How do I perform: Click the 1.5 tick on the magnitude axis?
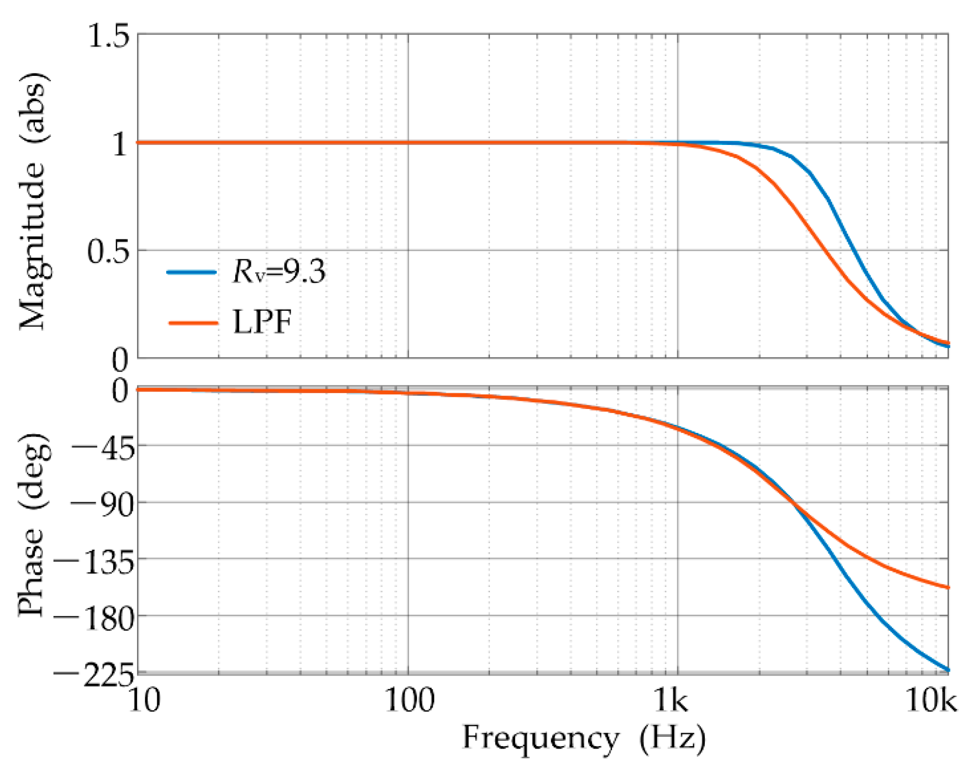[x=108, y=36]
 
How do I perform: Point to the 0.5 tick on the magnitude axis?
[x=108, y=252]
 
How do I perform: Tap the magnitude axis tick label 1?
[x=120, y=144]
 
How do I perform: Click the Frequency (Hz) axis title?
[x=583, y=738]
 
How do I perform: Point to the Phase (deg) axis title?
[x=33, y=524]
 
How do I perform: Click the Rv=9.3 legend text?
[x=279, y=271]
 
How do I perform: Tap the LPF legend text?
[x=262, y=322]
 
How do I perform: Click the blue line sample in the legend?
[x=192, y=272]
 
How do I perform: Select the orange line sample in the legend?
[x=193, y=323]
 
